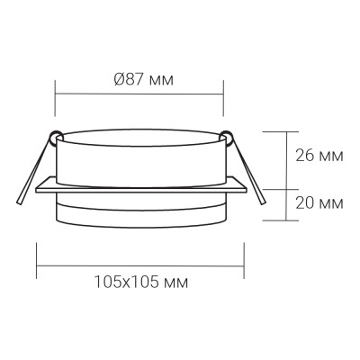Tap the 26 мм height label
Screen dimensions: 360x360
click(318, 154)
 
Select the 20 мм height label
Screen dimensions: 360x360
click(318, 203)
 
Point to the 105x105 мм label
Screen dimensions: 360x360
click(141, 282)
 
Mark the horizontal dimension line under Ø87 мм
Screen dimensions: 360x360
click(139, 94)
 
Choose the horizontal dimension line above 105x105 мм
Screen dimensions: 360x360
click(141, 267)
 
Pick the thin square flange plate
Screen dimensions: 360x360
click(141, 190)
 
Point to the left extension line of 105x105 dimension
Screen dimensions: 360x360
click(36, 256)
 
